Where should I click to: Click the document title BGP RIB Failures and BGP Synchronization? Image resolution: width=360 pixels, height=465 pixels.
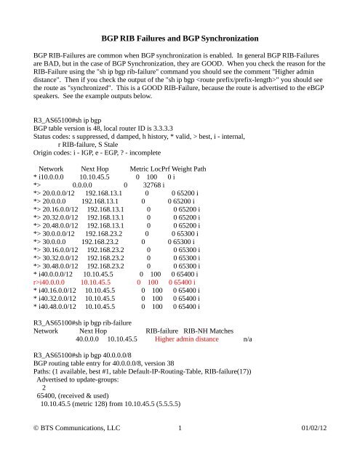point(179,36)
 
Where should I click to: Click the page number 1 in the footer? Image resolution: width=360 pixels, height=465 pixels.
point(180,448)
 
